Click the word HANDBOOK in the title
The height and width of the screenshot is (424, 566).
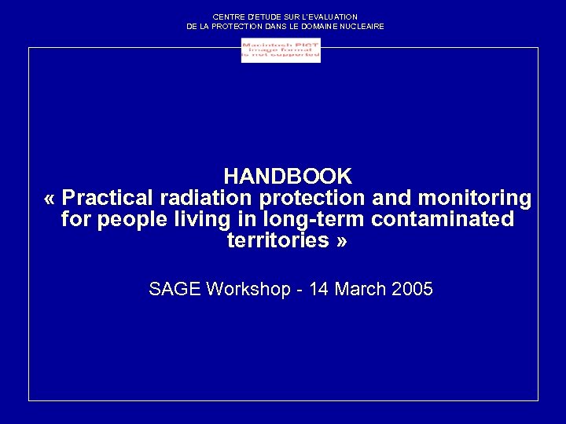(x=287, y=175)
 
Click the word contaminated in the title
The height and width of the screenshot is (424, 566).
(x=443, y=219)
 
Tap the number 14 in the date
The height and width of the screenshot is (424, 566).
(x=319, y=289)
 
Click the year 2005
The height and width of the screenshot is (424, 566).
(x=411, y=289)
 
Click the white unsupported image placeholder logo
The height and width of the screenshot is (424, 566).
(x=281, y=50)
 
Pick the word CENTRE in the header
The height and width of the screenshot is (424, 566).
(x=227, y=16)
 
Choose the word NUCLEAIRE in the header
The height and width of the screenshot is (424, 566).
(x=362, y=27)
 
